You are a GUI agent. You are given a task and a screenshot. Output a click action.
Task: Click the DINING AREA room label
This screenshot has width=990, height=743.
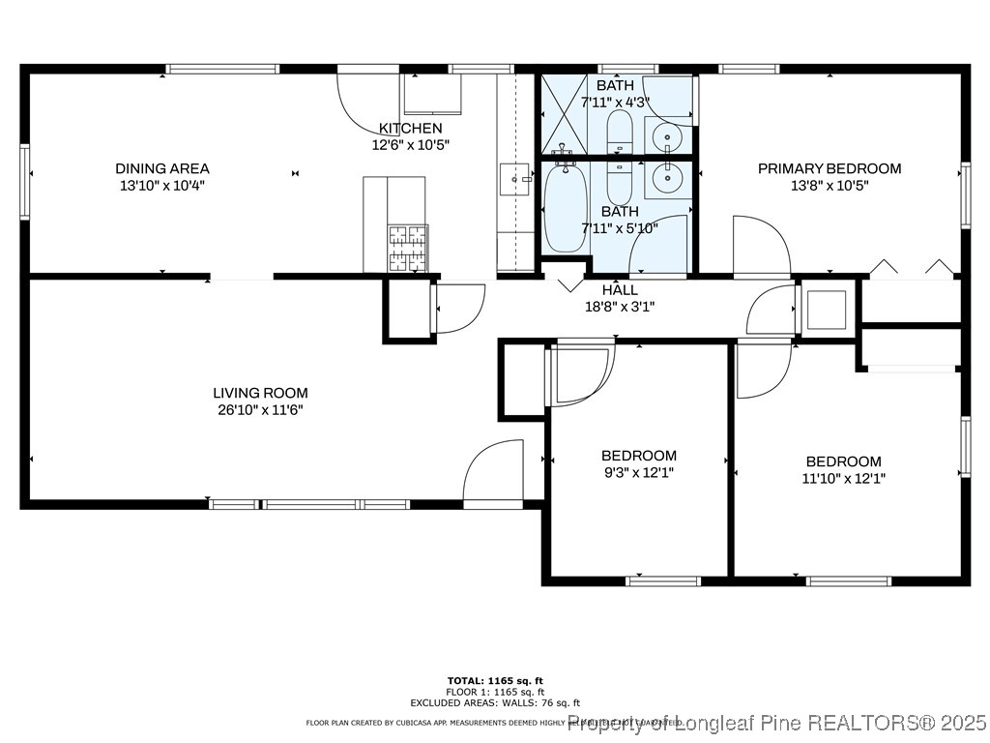pyautogui.click(x=162, y=168)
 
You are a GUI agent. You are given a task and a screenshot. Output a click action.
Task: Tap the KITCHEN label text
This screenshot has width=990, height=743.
pyautogui.click(x=410, y=128)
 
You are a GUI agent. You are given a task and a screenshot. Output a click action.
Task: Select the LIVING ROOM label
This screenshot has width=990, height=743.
pyautogui.click(x=260, y=393)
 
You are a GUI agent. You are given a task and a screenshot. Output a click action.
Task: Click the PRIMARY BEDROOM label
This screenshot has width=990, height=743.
pyautogui.click(x=829, y=168)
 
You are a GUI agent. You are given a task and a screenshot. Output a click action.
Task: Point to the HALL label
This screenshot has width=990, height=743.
pyautogui.click(x=620, y=290)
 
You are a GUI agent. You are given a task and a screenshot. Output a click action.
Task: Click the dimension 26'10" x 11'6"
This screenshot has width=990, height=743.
pyautogui.click(x=260, y=409)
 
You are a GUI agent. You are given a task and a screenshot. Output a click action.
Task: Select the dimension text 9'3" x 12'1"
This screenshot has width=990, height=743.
pyautogui.click(x=638, y=472)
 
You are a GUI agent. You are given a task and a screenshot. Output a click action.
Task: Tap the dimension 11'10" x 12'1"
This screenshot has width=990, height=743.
pyautogui.click(x=843, y=478)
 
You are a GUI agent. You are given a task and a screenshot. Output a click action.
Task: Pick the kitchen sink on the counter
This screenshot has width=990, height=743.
pyautogui.click(x=515, y=178)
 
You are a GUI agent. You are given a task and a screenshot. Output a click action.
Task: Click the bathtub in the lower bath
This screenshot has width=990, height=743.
pyautogui.click(x=565, y=206)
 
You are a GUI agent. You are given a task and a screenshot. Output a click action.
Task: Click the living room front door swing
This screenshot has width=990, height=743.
pyautogui.click(x=493, y=475)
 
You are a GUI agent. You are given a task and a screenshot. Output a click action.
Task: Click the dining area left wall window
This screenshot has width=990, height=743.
pyautogui.click(x=24, y=182)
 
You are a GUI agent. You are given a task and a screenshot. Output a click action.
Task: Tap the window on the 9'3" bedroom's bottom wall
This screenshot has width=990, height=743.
pyautogui.click(x=662, y=580)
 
